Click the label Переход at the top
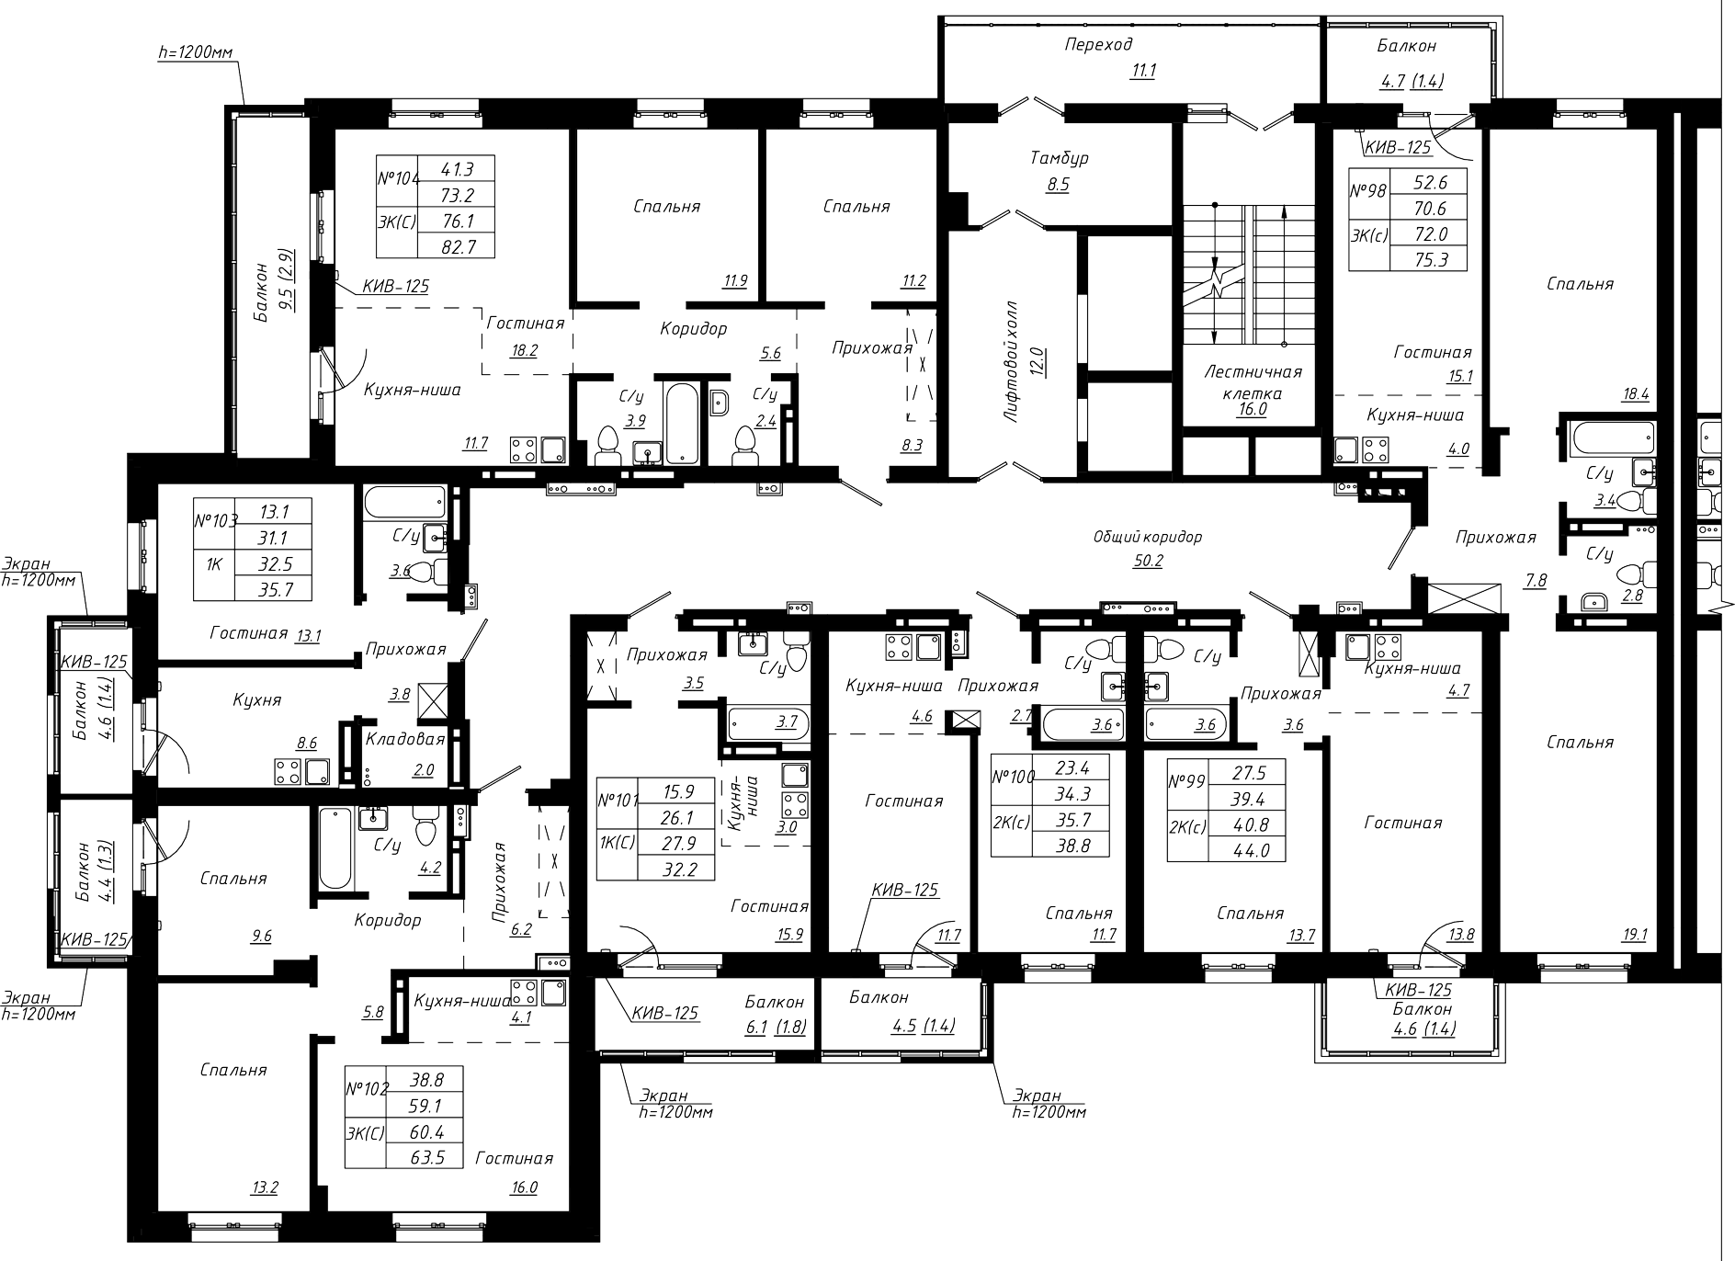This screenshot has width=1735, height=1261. pos(1098,44)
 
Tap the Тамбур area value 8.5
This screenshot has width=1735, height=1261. pos(1058,184)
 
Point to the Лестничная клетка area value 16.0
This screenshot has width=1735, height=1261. pos(1252,410)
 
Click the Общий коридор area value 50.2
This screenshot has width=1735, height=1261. pos(1148,560)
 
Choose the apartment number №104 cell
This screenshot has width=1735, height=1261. pos(398,180)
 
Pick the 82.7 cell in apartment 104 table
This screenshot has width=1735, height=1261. pos(456,245)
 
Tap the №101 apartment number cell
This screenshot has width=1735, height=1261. pos(618,800)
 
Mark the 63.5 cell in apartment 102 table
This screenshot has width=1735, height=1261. pos(428,1156)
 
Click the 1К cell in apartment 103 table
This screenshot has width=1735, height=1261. pos(214,563)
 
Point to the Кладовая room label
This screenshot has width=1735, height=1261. pos(405,739)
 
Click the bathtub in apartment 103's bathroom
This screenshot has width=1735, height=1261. pos(405,504)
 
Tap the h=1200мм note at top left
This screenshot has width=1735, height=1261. pos(196,53)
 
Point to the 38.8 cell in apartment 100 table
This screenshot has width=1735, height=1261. pos(1072,846)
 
